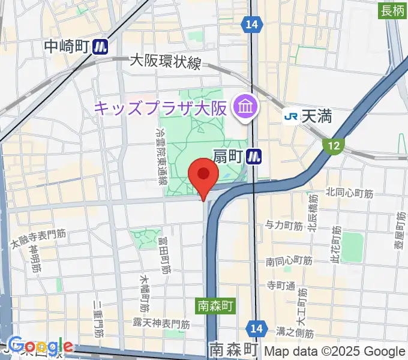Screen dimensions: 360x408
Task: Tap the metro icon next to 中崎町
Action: point(100,46)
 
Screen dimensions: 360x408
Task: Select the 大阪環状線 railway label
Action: point(165,62)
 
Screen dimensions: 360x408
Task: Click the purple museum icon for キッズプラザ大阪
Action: point(246,108)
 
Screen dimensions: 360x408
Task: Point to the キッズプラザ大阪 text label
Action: point(161,109)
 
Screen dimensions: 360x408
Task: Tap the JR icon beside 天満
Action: point(292,116)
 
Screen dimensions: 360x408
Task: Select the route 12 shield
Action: point(334,145)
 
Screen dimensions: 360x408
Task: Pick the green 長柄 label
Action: point(392,10)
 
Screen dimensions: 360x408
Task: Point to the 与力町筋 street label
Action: point(284,226)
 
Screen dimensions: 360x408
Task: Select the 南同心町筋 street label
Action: point(289,261)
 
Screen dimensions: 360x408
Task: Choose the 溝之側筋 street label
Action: point(295,332)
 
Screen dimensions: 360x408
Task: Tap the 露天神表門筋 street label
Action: point(161,324)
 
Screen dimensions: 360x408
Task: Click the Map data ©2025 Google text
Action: point(335,351)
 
